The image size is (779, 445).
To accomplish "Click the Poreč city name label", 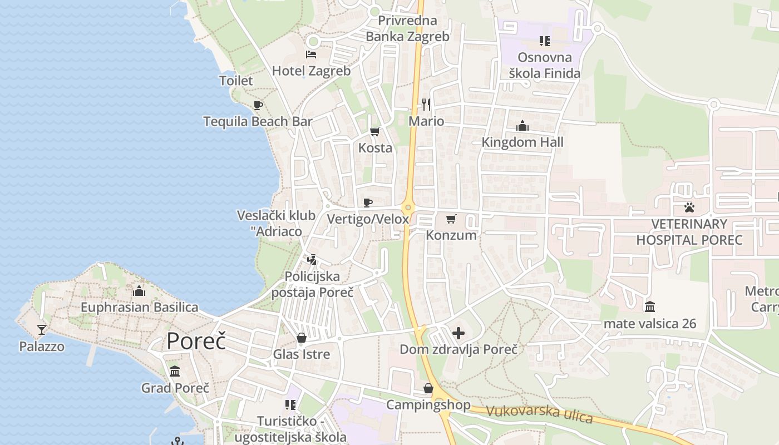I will coord(196,340).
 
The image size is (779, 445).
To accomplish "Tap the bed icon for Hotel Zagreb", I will coord(311,55).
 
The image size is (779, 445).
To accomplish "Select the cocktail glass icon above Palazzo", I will coord(42,329).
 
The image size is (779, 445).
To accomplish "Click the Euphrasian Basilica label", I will coord(139,307).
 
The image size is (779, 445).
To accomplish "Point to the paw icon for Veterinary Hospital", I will coord(689,208).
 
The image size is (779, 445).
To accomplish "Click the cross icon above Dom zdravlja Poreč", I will coord(458,333).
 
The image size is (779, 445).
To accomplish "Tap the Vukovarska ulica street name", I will coord(539,414).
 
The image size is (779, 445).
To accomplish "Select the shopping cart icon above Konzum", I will coord(451,219).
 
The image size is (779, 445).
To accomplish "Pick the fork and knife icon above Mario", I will coord(426,104).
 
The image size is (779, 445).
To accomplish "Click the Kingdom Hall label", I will coord(522,142).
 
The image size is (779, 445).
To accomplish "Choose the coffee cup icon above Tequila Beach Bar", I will coord(258,105).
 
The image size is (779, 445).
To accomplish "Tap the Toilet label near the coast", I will coord(236,81).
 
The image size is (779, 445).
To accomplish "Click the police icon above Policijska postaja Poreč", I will coord(312,259).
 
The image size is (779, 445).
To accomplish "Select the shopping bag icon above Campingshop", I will coord(428,388).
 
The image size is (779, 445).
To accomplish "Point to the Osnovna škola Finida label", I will coord(544,65).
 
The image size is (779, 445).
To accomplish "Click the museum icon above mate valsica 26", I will coord(649,306).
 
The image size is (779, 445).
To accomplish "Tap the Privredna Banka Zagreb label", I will coord(407,29).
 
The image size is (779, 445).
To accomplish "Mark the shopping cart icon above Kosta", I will coord(374,132).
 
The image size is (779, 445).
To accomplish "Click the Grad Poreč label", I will coord(175,388).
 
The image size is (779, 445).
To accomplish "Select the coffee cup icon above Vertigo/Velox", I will coord(367,202).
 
